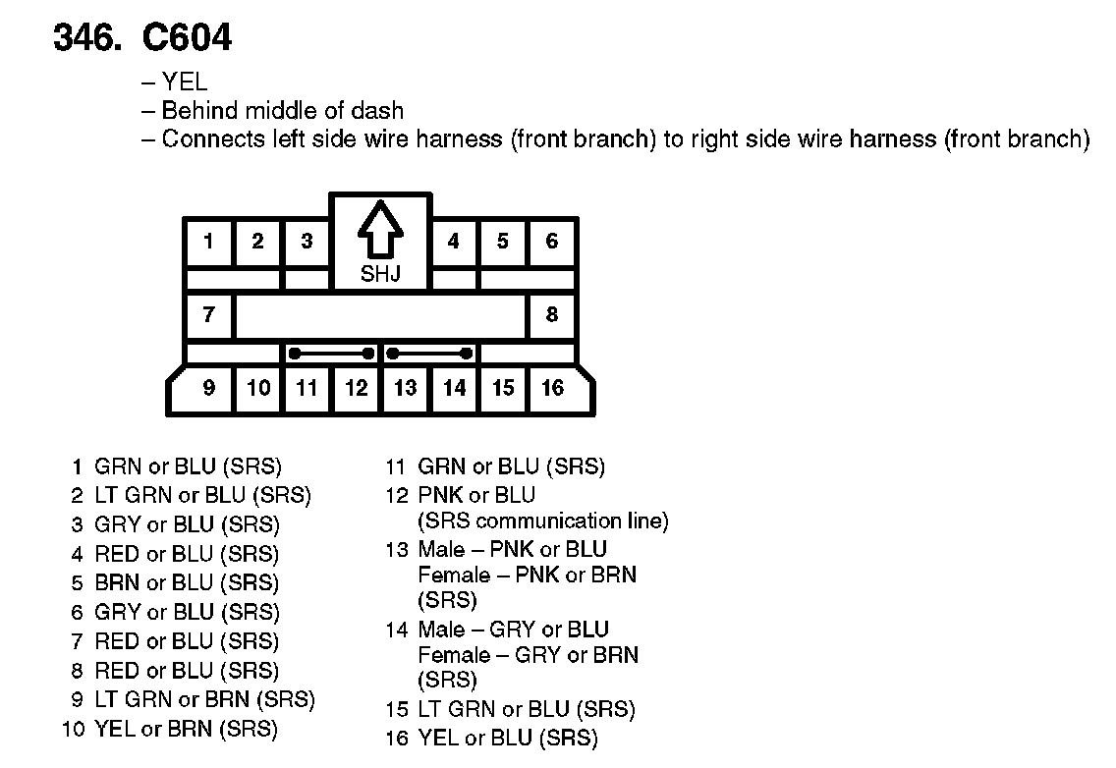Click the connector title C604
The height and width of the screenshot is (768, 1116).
pos(187,37)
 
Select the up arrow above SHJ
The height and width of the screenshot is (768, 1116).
pos(380,232)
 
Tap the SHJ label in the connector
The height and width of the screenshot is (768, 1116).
pos(380,274)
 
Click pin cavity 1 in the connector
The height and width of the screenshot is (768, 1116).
pos(208,242)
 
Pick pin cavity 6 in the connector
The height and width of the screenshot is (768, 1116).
pos(552,242)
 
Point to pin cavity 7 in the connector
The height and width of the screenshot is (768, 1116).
pos(208,315)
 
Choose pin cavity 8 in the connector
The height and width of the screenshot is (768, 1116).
pos(552,315)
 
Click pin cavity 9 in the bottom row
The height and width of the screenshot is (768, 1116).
pos(208,388)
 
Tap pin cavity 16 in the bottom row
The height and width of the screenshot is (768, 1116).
pos(553,388)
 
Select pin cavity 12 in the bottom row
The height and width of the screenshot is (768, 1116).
pos(357,388)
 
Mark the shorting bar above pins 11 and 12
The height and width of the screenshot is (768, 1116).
pos(331,353)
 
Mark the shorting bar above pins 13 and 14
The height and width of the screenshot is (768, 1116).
pos(429,353)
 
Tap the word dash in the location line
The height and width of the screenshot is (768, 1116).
pos(379,111)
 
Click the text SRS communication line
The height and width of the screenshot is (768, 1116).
pos(543,521)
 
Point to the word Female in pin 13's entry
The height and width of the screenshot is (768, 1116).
pos(454,575)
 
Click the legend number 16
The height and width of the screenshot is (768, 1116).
pos(396,739)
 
